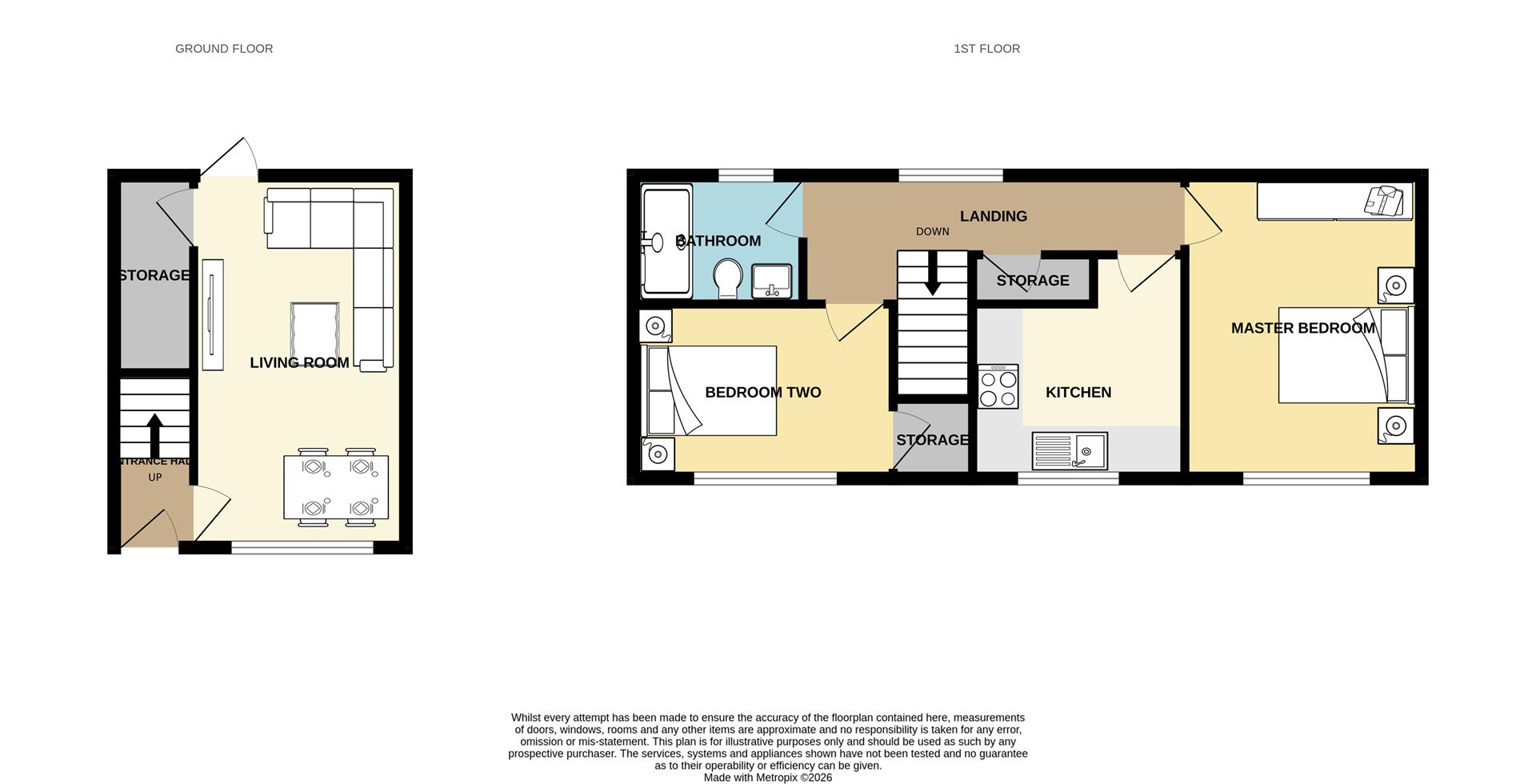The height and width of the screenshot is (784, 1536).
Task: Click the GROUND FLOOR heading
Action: tap(224, 49)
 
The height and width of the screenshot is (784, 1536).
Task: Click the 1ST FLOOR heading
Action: tap(986, 49)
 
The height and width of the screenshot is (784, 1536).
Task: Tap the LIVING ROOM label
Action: tap(299, 362)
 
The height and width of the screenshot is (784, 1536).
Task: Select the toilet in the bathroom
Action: tap(727, 278)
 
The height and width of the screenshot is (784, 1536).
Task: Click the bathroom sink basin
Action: tap(771, 281)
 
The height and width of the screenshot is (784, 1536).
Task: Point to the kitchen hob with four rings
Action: tap(998, 386)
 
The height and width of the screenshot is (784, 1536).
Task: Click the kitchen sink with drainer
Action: tap(1070, 450)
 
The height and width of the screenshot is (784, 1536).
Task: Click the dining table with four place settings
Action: tap(336, 487)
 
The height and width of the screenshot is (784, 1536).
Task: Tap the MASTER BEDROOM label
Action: tap(1302, 328)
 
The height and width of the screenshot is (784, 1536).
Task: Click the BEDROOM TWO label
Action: tap(762, 392)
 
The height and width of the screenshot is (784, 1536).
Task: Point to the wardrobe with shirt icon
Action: tap(1334, 201)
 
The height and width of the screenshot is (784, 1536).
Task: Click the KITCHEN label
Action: tap(1078, 392)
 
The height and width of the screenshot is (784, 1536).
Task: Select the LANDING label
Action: tap(993, 216)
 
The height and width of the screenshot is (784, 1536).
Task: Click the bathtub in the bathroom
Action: tap(666, 241)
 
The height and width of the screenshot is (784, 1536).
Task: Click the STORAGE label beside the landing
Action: tap(1032, 281)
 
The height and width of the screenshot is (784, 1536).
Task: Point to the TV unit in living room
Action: tap(212, 314)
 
